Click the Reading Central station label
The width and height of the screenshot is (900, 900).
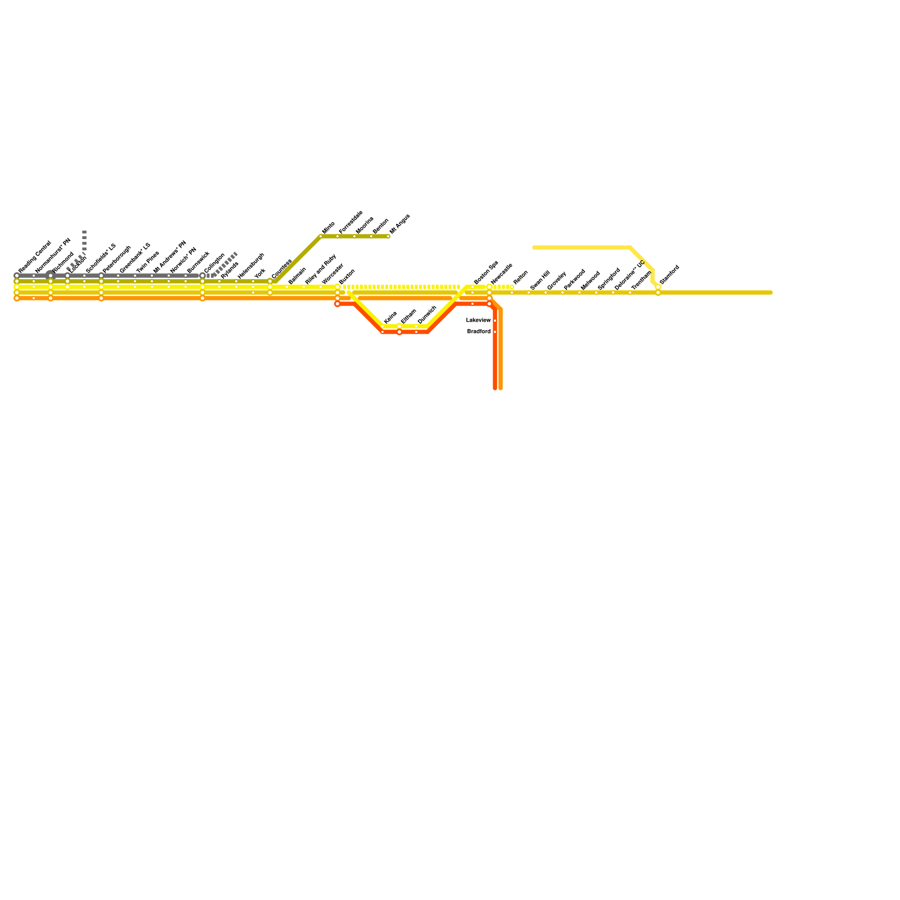[34, 257]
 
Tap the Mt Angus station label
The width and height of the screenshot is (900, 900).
[400, 223]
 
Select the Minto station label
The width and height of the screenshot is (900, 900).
[328, 228]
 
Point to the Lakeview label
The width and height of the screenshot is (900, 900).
[479, 320]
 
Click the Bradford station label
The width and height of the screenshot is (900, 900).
[479, 331]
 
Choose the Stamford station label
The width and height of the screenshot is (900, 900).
[669, 274]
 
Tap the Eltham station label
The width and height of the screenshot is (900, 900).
[408, 317]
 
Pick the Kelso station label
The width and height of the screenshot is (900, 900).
[390, 318]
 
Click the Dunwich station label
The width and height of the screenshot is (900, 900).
[427, 315]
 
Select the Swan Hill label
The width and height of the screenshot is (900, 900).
[540, 280]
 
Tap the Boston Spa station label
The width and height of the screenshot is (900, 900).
[485, 273]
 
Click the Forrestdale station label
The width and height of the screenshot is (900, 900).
[351, 222]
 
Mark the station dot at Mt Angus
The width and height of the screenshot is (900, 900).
[388, 236]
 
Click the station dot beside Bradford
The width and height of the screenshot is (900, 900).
[495, 332]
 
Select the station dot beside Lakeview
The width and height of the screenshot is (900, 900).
[495, 321]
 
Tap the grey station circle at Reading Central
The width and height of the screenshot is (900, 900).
[17, 276]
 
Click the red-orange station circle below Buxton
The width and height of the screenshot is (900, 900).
[337, 304]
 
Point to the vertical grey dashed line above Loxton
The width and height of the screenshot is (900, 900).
[84, 241]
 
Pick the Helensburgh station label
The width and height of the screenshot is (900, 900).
[251, 266]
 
